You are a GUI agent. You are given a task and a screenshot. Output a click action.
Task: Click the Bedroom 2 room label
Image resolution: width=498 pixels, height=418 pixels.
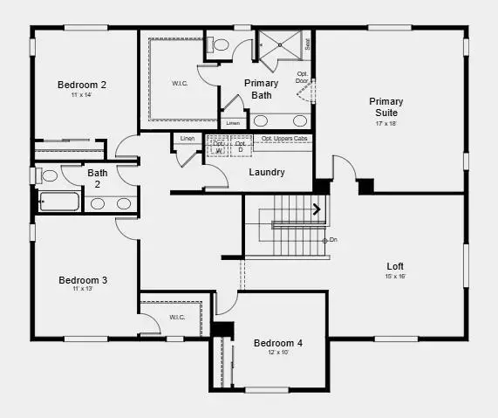pyautogui.click(x=82, y=85)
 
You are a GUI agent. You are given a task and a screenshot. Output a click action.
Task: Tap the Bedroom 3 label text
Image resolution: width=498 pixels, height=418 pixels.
pyautogui.click(x=83, y=280)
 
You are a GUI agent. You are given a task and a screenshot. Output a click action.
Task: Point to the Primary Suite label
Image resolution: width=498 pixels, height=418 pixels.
pyautogui.click(x=385, y=107)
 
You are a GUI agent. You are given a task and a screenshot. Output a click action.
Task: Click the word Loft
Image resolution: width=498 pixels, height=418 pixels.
pyautogui.click(x=395, y=266)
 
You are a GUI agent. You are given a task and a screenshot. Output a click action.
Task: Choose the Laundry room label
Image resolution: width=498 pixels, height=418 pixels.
pyautogui.click(x=266, y=172)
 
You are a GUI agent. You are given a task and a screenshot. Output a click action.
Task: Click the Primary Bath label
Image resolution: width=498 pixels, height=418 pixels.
pyautogui.click(x=261, y=88)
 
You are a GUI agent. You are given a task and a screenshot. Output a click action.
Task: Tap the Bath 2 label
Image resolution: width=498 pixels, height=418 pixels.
pyautogui.click(x=98, y=178)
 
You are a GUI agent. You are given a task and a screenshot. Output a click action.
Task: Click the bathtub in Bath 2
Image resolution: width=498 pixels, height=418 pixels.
pyautogui.click(x=59, y=203)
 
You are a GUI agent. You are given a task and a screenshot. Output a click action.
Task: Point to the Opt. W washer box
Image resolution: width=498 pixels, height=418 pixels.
pyautogui.click(x=218, y=147)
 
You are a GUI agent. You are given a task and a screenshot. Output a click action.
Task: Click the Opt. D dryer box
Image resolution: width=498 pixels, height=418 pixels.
pyautogui.click(x=241, y=147)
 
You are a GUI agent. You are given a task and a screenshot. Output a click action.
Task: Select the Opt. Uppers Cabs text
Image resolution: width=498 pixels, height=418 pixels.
pyautogui.click(x=283, y=139)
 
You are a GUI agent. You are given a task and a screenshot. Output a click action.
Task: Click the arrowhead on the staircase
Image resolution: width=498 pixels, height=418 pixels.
pyautogui.click(x=317, y=209)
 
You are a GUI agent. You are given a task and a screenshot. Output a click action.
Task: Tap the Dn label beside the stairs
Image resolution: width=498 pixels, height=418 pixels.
pyautogui.click(x=332, y=240)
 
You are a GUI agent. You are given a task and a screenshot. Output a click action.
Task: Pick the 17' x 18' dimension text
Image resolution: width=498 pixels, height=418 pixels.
pyautogui.click(x=385, y=124)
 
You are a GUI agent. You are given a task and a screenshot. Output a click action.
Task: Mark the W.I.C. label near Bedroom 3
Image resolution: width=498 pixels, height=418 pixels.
pyautogui.click(x=176, y=317)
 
